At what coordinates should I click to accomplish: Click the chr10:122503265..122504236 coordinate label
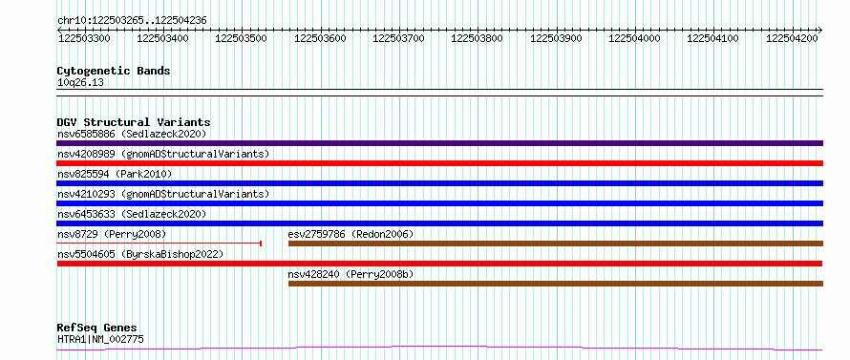coord(132,21)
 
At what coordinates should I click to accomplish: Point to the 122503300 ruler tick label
coord(84,38)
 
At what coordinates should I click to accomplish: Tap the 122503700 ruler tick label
coord(399,38)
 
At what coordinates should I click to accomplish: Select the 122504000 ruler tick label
coord(635,38)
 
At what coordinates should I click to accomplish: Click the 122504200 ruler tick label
coord(793,38)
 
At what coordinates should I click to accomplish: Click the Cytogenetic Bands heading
coord(114,71)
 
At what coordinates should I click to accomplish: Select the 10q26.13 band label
coord(80,83)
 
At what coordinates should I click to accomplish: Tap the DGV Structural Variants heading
coord(134,122)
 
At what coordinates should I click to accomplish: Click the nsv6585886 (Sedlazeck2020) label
coord(132,134)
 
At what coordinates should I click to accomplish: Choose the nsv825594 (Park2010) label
coord(115,174)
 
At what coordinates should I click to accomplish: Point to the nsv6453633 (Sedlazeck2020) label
coord(132,214)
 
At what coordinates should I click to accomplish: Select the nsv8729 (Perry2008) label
coord(112,234)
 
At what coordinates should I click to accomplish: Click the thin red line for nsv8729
coord(159,244)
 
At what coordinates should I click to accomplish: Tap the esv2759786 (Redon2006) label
coord(351,234)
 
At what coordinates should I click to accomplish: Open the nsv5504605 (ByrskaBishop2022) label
coord(140,254)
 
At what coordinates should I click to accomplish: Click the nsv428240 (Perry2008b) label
coord(351,274)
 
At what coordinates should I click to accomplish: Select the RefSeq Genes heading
coord(97,328)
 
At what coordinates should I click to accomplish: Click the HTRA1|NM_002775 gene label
coord(100,340)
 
